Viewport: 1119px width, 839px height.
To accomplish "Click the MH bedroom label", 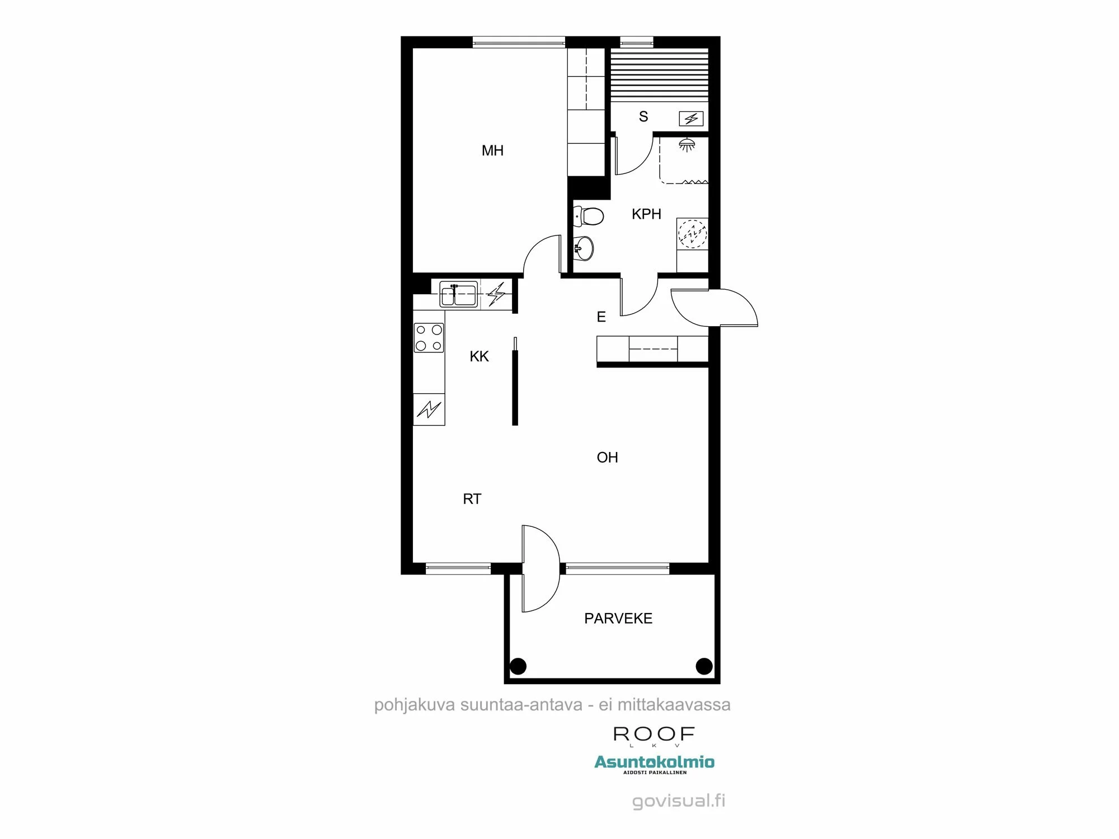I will click(492, 150).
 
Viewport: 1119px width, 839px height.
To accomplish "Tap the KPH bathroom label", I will click(646, 214).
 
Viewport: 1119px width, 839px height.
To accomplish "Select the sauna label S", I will click(643, 116).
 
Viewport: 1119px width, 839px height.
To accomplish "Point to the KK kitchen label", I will click(479, 356).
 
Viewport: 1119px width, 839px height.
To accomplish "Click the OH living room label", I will click(607, 458).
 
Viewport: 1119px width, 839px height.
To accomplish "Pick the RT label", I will click(472, 499).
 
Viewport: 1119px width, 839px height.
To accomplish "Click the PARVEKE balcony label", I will click(618, 618).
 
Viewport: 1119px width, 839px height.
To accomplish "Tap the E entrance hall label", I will click(601, 317).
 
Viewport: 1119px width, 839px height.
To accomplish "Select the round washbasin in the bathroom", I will click(584, 247).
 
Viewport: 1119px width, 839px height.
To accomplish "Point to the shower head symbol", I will click(687, 145).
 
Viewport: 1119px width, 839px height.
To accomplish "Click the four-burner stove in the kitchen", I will click(429, 338).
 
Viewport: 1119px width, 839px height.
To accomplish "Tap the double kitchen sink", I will click(458, 295).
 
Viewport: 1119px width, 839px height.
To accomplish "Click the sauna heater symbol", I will click(691, 119).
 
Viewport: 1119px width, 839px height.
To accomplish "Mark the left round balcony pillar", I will click(518, 666).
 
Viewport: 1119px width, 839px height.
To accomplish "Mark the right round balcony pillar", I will click(704, 666).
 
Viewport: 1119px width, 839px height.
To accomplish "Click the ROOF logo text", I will click(654, 734).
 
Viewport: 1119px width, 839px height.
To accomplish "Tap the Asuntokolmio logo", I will click(654, 762).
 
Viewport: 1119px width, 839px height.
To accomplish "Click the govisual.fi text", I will click(678, 801).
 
